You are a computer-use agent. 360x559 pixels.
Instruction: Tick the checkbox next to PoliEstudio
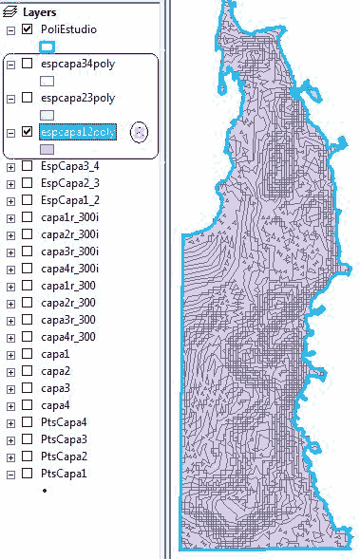[27, 30]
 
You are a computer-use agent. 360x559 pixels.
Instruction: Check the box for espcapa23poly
[27, 98]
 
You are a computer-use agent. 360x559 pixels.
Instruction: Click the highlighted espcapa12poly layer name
[77, 132]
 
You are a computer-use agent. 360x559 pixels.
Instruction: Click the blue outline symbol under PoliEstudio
[47, 47]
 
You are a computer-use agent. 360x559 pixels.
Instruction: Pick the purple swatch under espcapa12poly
[47, 149]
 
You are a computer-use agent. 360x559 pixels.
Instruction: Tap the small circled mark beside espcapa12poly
[140, 132]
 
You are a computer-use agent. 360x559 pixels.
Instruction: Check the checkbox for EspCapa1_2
[27, 200]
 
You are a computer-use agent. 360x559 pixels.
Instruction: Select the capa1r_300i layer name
[69, 217]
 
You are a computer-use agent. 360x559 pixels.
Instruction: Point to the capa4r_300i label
[69, 269]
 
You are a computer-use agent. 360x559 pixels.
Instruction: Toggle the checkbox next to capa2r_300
[27, 303]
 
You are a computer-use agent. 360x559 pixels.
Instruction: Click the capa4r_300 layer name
[67, 337]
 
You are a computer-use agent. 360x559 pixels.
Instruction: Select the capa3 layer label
[55, 388]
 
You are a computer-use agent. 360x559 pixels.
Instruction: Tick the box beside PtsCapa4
[27, 422]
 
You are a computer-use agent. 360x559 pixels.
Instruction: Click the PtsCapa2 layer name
[64, 457]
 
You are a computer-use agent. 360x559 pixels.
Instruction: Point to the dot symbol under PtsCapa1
[45, 491]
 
